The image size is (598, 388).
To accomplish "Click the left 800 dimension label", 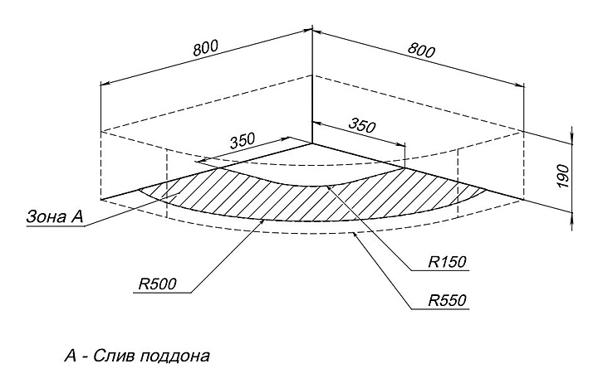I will point(206,47).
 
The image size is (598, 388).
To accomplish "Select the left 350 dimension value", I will point(242,140).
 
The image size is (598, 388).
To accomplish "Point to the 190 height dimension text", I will point(562,174).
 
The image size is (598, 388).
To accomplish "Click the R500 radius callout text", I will point(157,282).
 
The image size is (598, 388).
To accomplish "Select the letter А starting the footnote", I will point(70,357).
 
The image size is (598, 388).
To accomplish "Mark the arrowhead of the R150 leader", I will point(328,187).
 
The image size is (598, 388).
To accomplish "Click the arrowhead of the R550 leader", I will point(355,235).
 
